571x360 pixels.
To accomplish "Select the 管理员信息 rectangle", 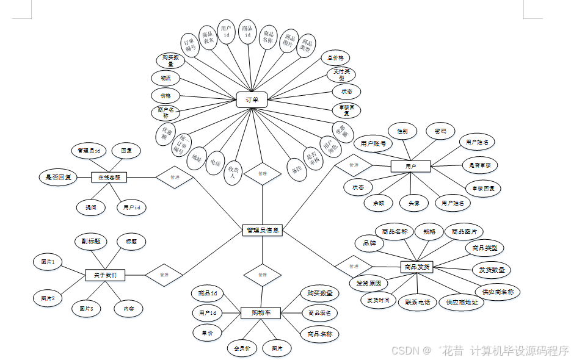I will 262,230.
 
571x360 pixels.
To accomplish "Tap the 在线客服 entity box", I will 109,178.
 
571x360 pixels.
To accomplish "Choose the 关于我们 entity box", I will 105,275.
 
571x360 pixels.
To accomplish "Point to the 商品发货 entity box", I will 416,267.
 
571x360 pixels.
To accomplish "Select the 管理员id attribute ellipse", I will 89,150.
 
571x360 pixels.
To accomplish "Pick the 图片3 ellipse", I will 86,309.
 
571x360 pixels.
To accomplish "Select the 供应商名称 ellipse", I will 497,292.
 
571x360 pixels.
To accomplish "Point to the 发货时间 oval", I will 378,300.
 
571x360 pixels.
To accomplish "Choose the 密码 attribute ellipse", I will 440,131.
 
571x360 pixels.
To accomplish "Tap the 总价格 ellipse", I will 336,58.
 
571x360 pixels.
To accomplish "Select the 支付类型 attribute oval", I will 340,74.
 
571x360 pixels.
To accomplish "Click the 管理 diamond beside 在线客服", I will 175,178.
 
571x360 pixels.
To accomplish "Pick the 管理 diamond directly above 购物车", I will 262,275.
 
